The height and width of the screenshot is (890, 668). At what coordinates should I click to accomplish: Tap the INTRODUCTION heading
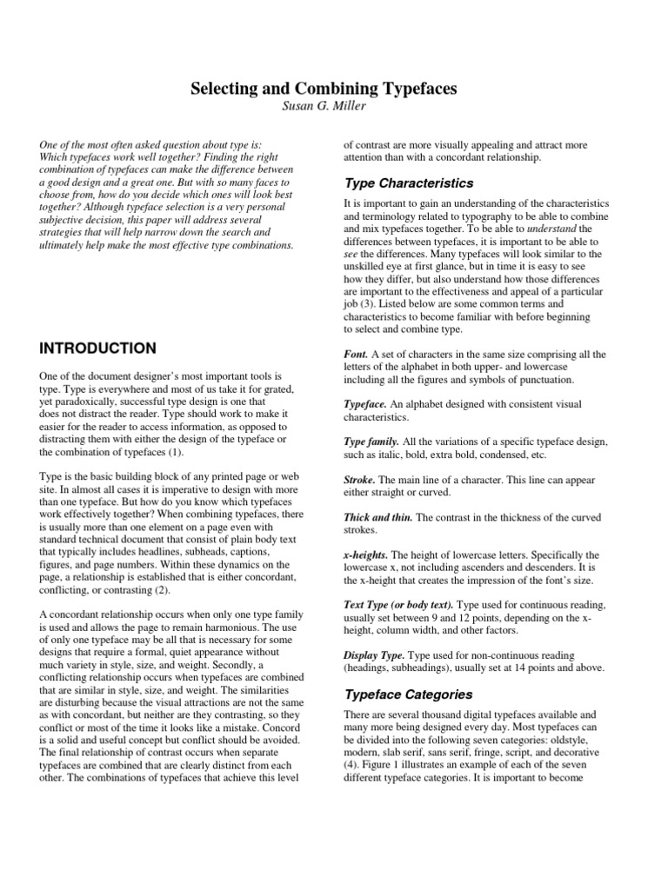tap(98, 349)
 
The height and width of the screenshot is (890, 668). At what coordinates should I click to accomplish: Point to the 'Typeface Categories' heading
tap(409, 694)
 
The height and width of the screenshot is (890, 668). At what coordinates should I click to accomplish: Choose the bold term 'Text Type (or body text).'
tap(399, 604)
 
